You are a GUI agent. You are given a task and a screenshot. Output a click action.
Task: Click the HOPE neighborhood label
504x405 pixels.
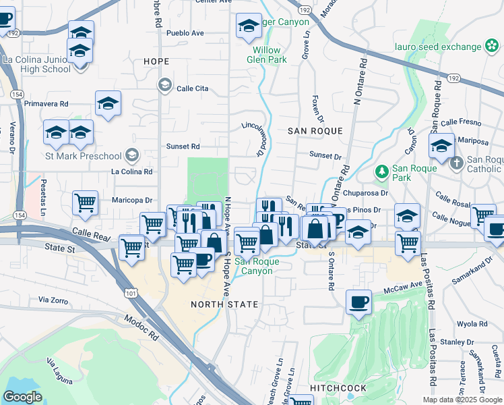coord(156,61)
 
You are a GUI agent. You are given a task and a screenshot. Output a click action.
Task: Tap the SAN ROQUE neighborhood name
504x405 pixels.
coord(315,131)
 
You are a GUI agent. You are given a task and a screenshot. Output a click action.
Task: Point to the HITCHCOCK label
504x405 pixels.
coord(338,388)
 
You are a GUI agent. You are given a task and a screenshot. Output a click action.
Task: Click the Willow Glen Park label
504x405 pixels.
coord(270,55)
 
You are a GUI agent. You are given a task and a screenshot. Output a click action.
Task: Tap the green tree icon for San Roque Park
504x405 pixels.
coord(381,171)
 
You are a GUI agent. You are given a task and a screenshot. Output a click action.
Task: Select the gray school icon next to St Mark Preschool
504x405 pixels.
coord(131,156)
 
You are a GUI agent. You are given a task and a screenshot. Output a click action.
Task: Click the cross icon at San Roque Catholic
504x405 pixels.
coord(456,163)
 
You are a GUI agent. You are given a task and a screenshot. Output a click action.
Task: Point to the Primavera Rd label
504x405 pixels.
coord(46,105)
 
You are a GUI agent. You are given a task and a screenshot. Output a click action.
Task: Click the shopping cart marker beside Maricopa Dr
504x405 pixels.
coord(86,202)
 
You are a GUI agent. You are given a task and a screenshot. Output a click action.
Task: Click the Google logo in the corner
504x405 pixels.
coord(22,397)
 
